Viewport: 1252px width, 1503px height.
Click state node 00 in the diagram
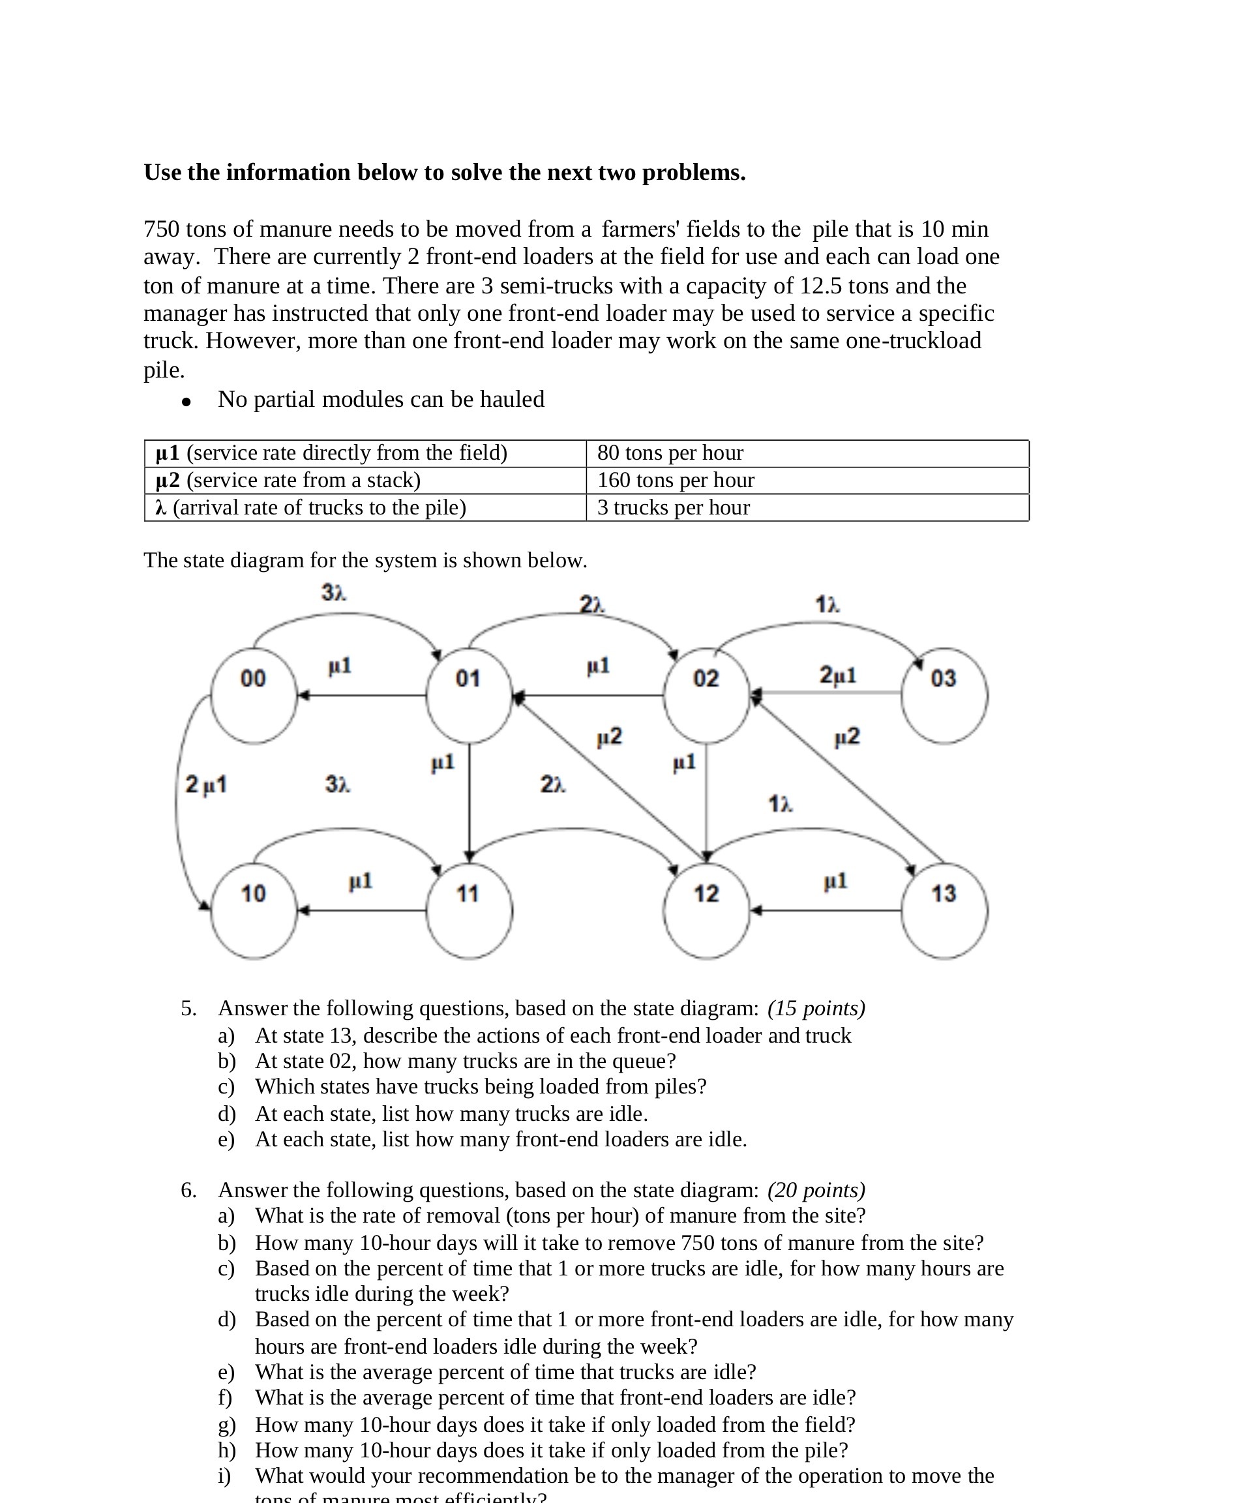coord(254,695)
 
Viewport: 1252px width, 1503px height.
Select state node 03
coord(944,695)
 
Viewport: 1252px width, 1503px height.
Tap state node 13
coord(944,910)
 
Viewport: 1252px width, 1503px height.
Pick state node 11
coord(469,910)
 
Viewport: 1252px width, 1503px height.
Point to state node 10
coord(254,910)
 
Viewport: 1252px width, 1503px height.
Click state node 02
coord(706,695)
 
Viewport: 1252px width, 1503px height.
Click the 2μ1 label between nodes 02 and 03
coord(837,674)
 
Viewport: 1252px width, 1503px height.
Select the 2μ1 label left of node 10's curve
coord(205,784)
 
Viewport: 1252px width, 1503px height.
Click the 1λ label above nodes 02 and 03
coord(827,604)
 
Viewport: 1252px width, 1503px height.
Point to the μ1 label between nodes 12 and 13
coord(835,881)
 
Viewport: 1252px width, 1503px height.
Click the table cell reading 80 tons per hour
coord(670,453)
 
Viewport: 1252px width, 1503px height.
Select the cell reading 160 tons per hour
coord(676,481)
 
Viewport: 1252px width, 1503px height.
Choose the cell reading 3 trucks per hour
coord(673,507)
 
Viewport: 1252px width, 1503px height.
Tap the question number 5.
coord(188,1009)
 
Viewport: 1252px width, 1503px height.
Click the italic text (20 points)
coord(816,1190)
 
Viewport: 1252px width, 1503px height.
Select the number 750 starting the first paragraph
coord(161,229)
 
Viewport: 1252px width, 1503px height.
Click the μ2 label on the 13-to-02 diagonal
coord(847,736)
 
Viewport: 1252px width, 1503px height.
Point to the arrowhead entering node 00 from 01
coord(303,695)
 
